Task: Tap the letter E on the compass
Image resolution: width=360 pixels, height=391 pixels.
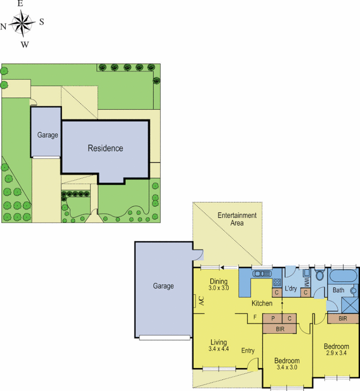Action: pyautogui.click(x=21, y=3)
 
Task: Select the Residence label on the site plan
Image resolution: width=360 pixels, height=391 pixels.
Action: pyautogui.click(x=105, y=148)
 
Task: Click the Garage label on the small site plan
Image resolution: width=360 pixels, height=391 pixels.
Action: pyautogui.click(x=47, y=135)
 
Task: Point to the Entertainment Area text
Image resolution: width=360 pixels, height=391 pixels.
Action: pyautogui.click(x=237, y=219)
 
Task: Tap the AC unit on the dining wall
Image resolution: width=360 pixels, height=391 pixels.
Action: pyautogui.click(x=201, y=302)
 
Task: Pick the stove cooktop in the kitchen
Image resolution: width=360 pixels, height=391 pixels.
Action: pyautogui.click(x=276, y=282)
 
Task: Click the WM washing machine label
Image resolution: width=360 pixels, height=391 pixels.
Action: pyautogui.click(x=306, y=282)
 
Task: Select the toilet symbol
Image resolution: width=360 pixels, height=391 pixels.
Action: pyautogui.click(x=320, y=275)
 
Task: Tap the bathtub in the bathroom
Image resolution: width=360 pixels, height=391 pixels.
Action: pyautogui.click(x=343, y=276)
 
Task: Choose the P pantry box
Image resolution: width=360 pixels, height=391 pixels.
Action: pyautogui.click(x=273, y=318)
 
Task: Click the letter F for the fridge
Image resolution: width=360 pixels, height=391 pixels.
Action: pyautogui.click(x=254, y=318)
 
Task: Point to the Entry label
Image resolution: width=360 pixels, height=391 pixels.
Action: pyautogui.click(x=248, y=350)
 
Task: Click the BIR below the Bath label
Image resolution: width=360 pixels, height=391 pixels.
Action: pyautogui.click(x=343, y=318)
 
